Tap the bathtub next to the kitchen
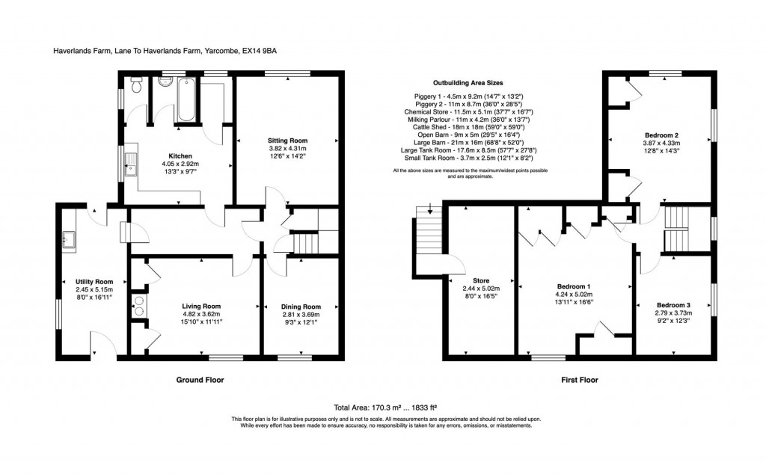click(186, 99)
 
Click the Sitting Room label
click(288, 141)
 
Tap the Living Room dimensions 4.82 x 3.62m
click(202, 314)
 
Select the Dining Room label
click(301, 307)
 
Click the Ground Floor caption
click(200, 380)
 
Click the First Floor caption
click(580, 380)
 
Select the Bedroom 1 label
click(574, 286)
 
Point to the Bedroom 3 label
click(673, 305)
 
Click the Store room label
click(476, 280)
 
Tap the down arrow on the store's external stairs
click(429, 211)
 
